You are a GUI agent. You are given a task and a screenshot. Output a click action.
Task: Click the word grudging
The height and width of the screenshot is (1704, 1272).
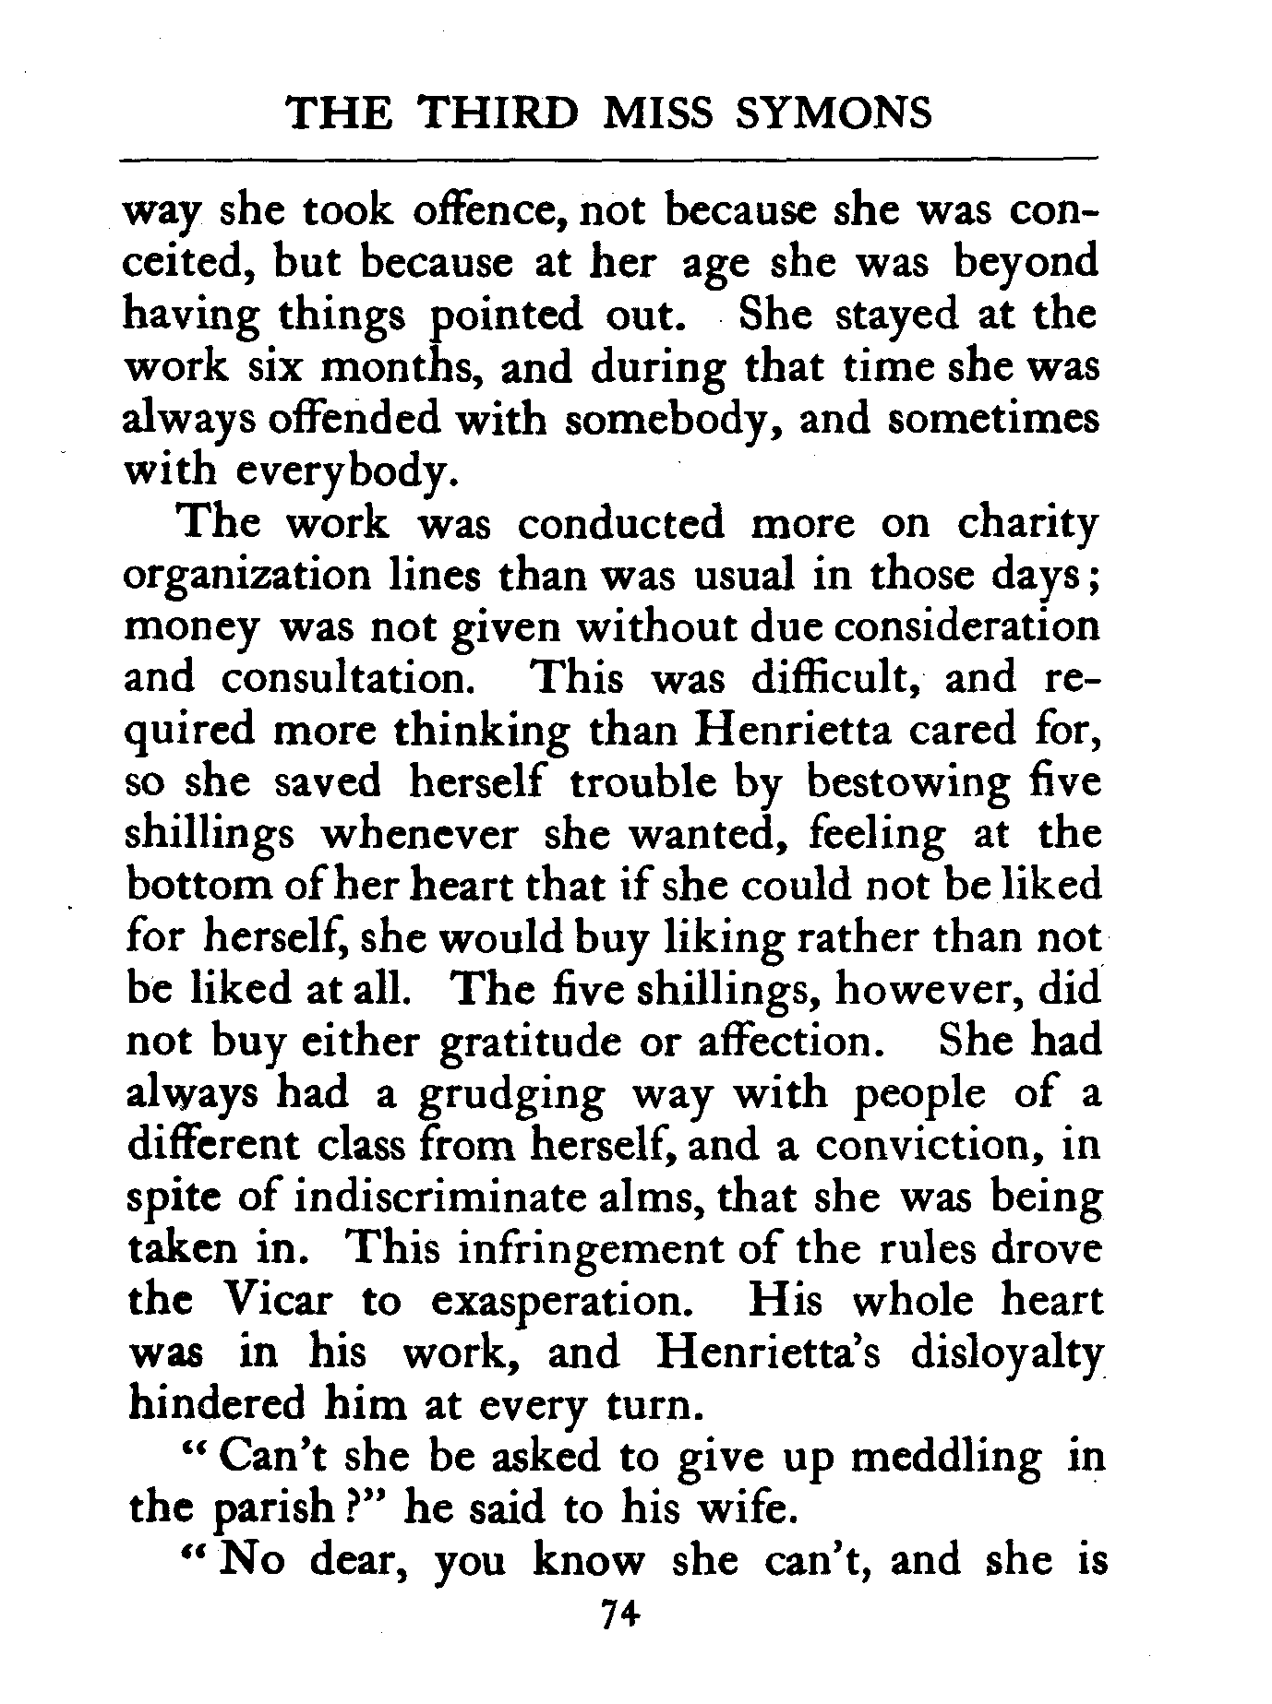point(512,1093)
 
